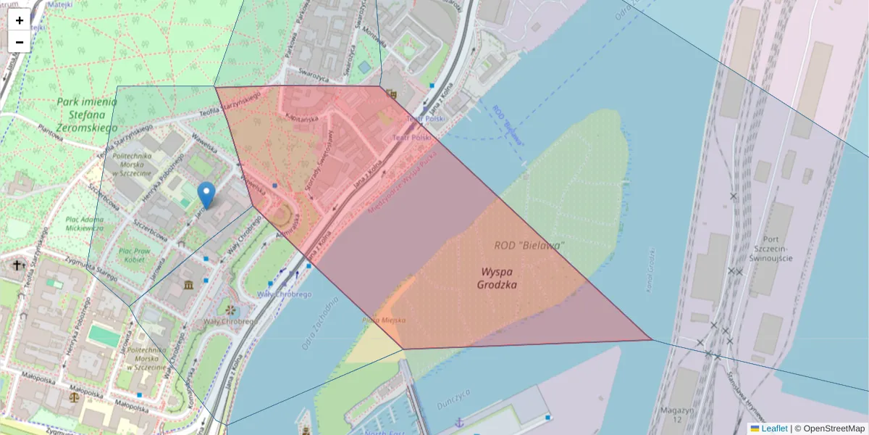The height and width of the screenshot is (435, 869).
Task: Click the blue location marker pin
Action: coord(206,195)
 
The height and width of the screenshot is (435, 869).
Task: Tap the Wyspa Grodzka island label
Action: coord(497,278)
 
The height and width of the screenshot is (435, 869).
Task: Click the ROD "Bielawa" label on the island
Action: coord(529,246)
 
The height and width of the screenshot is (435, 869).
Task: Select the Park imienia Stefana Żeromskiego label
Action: coord(88,115)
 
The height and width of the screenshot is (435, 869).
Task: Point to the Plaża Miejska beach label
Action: coord(384,320)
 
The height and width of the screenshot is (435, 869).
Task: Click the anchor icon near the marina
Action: coord(458,422)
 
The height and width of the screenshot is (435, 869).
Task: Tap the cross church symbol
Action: coord(18,266)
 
